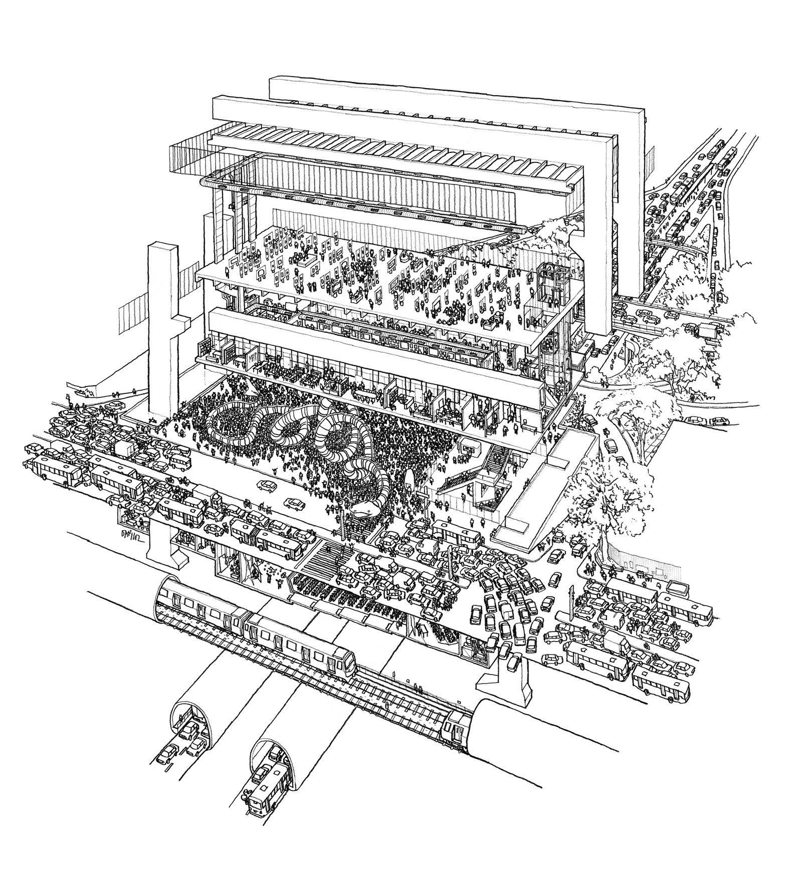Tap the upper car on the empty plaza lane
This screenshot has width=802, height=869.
(267, 485)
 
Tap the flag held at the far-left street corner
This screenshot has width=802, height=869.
(68, 398)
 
